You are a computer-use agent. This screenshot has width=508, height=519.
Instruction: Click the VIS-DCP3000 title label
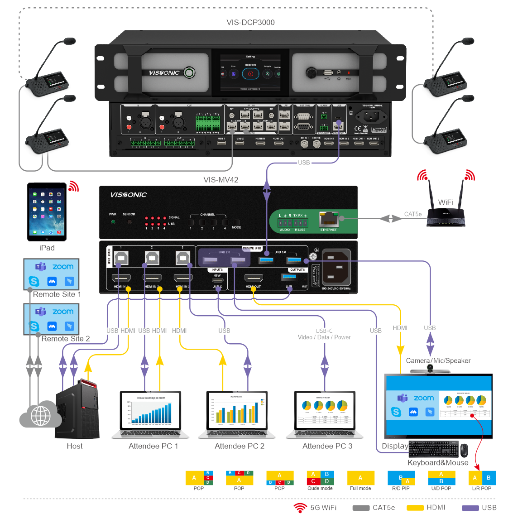click(x=250, y=23)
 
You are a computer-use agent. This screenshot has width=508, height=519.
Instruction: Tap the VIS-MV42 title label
click(x=221, y=180)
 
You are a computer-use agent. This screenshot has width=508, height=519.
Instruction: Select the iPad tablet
click(x=47, y=211)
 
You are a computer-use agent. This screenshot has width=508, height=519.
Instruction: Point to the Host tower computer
click(x=77, y=410)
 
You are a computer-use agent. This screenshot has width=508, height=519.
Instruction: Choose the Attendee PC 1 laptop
click(x=151, y=415)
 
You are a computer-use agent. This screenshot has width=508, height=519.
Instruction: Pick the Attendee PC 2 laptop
click(x=237, y=415)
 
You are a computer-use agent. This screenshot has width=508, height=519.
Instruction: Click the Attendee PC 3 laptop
click(x=325, y=415)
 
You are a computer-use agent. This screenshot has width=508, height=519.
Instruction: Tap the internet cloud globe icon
click(x=40, y=414)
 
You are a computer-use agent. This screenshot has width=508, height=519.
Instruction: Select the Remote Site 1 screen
click(x=52, y=274)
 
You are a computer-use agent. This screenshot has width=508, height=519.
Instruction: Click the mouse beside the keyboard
click(x=464, y=450)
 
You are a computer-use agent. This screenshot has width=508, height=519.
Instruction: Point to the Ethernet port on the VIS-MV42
click(x=329, y=220)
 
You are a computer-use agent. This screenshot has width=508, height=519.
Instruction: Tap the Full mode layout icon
click(x=360, y=478)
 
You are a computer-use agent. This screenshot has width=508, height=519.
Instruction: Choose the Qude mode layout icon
click(x=320, y=478)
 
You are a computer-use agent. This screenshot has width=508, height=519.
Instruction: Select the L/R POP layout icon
click(x=482, y=478)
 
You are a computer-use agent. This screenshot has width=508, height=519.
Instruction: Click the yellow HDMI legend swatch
click(x=415, y=508)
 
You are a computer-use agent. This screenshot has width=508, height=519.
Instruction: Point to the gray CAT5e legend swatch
click(x=361, y=508)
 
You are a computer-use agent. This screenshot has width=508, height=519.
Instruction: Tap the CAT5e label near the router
click(x=413, y=214)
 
